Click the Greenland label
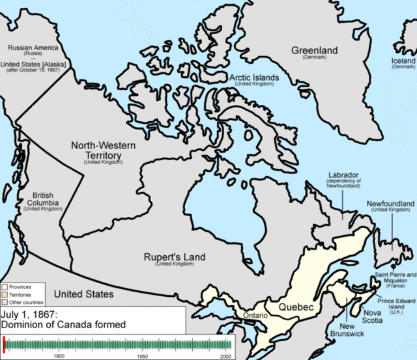click(314, 50)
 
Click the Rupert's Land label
click(174, 257)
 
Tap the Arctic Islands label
click(254, 77)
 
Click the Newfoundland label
click(390, 204)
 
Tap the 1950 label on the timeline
click(142, 356)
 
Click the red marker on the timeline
click(4, 344)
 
